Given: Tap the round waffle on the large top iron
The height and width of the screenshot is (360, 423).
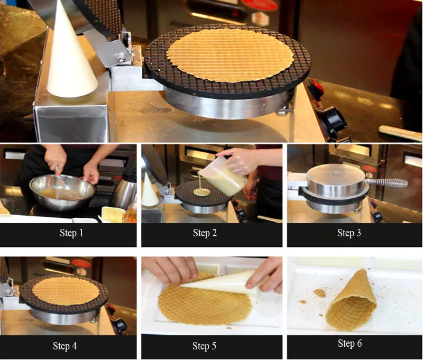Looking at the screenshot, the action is point(230,55).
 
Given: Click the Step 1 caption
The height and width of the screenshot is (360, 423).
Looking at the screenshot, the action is point(71,233).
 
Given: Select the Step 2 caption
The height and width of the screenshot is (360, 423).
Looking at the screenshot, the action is point(205,233).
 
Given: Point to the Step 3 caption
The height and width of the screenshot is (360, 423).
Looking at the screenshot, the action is point(349,233).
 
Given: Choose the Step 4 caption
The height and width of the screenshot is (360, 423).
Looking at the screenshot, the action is point(65,346).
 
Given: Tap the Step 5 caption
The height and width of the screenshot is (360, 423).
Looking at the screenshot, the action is point(204,346).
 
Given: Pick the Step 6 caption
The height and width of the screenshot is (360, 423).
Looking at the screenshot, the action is point(350,343).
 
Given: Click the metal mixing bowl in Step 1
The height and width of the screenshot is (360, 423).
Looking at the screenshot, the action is point(62,192).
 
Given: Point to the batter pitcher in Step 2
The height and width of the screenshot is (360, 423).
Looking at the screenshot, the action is point(223,177).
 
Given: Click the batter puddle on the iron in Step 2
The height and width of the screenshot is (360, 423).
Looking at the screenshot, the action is point(202,192).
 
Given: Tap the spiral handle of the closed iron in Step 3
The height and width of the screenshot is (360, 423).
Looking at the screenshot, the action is point(387,182).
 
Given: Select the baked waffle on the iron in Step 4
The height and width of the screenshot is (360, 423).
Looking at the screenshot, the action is point(66,291).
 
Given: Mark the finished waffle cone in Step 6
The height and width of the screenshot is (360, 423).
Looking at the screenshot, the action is point(352,301).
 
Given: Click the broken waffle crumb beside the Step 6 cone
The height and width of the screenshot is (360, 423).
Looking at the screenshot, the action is point(320,292).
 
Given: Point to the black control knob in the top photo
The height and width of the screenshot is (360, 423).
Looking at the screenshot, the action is point(333,119).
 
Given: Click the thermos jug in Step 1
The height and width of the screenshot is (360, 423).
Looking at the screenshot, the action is point(125,190).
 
